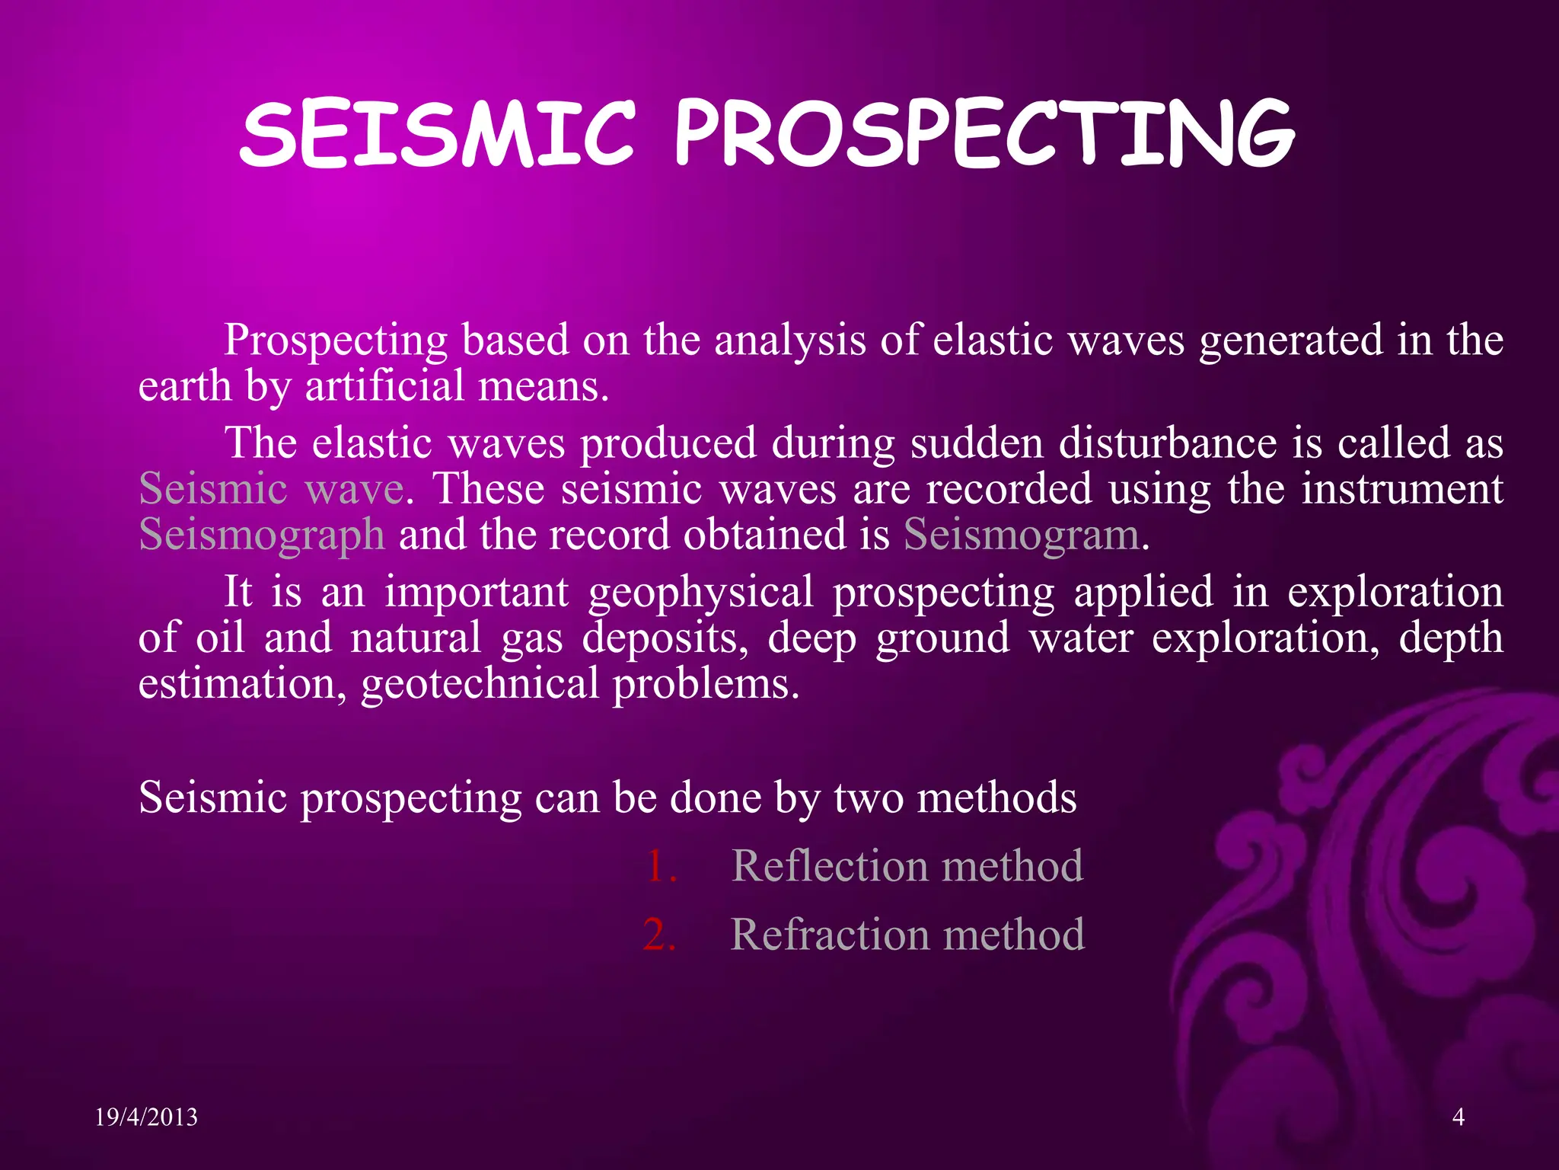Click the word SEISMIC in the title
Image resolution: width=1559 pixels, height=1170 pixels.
[x=436, y=136]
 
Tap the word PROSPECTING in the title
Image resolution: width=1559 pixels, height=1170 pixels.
[x=984, y=136]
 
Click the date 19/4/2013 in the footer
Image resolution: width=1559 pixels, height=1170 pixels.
[x=146, y=1117]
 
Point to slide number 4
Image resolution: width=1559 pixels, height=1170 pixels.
[x=1459, y=1117]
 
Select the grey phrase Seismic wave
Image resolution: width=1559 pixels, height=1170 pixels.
[x=270, y=488]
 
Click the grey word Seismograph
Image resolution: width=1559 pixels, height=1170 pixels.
[x=261, y=535]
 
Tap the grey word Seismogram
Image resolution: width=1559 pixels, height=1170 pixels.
[x=1022, y=535]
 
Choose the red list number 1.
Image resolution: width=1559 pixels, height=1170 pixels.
[x=660, y=866]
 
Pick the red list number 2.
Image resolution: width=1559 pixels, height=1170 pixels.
[x=659, y=935]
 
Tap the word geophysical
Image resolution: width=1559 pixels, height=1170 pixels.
[x=700, y=593]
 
